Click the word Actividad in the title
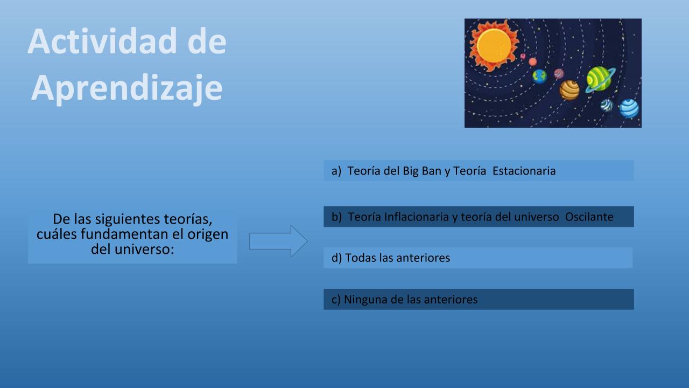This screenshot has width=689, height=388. (102, 41)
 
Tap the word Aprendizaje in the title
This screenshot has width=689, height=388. (126, 88)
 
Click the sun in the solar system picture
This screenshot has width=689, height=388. (494, 46)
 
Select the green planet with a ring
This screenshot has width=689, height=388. (600, 79)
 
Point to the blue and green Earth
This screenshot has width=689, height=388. (539, 77)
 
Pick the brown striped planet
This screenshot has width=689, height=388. (569, 90)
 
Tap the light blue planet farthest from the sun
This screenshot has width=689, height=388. (629, 108)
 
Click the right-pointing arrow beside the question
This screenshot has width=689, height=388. (278, 241)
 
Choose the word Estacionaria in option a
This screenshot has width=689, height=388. (524, 171)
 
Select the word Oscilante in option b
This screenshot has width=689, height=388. (589, 217)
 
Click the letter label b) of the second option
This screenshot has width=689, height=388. (336, 217)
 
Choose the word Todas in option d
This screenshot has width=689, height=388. (361, 258)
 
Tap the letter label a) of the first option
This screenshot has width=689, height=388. (336, 171)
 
